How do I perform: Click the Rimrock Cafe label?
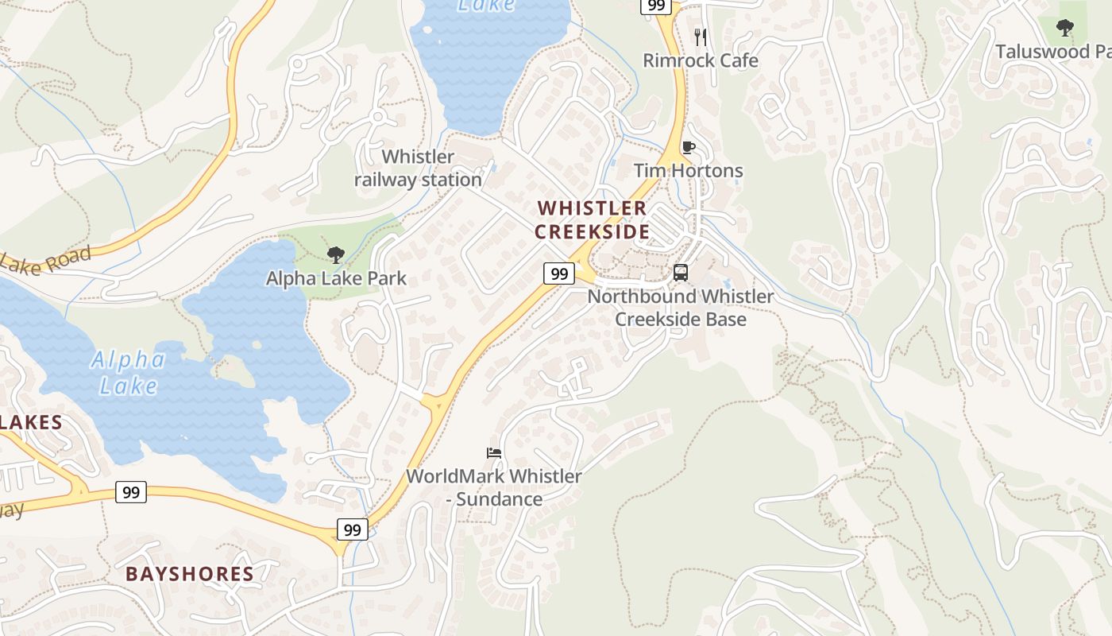click(700, 60)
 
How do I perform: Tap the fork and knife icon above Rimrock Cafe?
click(700, 37)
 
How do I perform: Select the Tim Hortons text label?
click(688, 171)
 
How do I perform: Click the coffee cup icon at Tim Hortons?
click(688, 147)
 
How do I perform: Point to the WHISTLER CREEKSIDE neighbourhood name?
click(592, 220)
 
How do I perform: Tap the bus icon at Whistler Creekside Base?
click(681, 273)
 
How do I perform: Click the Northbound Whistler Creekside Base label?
click(681, 308)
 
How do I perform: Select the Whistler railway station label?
click(418, 169)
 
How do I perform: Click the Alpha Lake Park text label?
click(336, 278)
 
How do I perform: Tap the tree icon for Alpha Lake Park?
click(336, 255)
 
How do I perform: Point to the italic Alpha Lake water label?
click(127, 373)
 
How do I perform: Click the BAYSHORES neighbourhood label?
click(190, 574)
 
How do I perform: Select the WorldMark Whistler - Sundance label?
click(494, 487)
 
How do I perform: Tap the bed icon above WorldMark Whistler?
click(494, 453)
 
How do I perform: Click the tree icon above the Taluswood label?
click(1065, 29)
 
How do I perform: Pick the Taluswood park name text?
click(1053, 52)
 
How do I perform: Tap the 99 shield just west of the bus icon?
click(559, 273)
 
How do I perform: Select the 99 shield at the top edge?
click(656, 6)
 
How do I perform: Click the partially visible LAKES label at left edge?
click(30, 422)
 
